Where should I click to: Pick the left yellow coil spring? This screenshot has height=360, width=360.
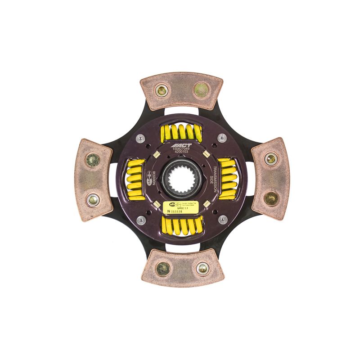point(134,179)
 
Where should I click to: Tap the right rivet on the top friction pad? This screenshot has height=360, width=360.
point(201,90)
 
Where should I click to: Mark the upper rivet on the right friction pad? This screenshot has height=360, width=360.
point(271,158)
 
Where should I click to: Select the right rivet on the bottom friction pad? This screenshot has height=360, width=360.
point(202,269)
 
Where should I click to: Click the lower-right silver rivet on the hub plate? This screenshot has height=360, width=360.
point(221,220)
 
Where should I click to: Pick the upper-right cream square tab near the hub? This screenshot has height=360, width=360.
point(205,154)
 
